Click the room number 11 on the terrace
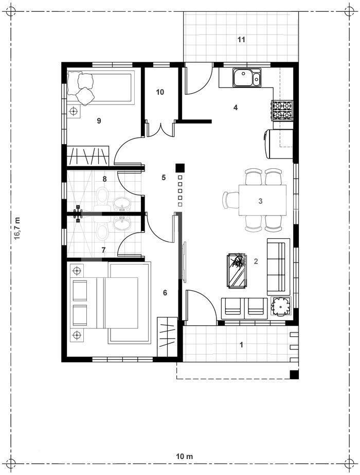pos(241,39)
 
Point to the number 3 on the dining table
pos(260,201)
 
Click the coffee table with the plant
pos(237,270)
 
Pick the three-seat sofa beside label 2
pos(276,267)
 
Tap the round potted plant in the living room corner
pos(281,306)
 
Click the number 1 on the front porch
pos(241,345)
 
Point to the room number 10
pos(159,92)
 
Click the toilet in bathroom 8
pos(103,196)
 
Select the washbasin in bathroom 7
pos(122,223)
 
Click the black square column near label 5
pos(179,167)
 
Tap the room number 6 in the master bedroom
pos(165,293)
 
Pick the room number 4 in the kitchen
pos(235,108)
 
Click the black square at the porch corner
pos(294,374)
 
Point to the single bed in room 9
pos(100,87)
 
